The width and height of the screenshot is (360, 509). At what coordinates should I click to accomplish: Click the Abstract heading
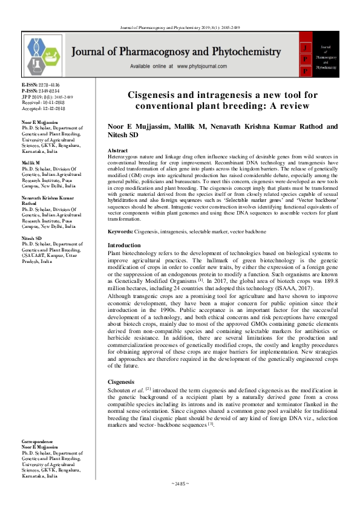[x=117, y=150]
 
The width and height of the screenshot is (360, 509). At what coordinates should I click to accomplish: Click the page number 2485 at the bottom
[x=180, y=484]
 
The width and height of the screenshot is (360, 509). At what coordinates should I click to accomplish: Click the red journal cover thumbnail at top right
[x=325, y=54]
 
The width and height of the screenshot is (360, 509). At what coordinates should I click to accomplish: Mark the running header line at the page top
[x=180, y=28]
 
